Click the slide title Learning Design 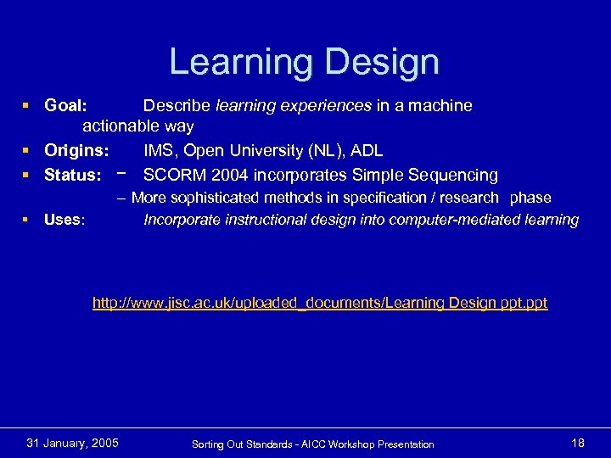pos(305,62)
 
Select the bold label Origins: pos(76,151)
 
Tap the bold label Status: pos(73,176)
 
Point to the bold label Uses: pos(64,221)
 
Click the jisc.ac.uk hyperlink pos(320,303)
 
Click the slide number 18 pos(578,443)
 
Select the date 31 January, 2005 pos(73,443)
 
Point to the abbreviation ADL pos(366,151)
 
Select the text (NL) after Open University pos(318,151)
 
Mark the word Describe pos(177,106)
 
